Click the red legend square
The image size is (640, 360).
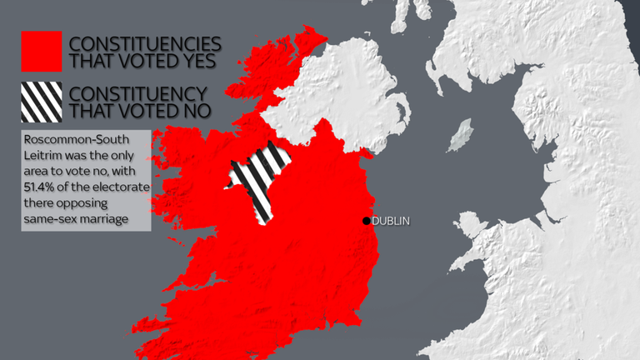click(41, 51)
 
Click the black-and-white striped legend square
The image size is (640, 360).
click(41, 101)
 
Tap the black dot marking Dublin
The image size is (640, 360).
click(366, 221)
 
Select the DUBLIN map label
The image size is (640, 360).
click(392, 221)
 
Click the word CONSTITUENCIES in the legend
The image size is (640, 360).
click(145, 42)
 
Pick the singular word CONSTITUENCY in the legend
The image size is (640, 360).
click(140, 92)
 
